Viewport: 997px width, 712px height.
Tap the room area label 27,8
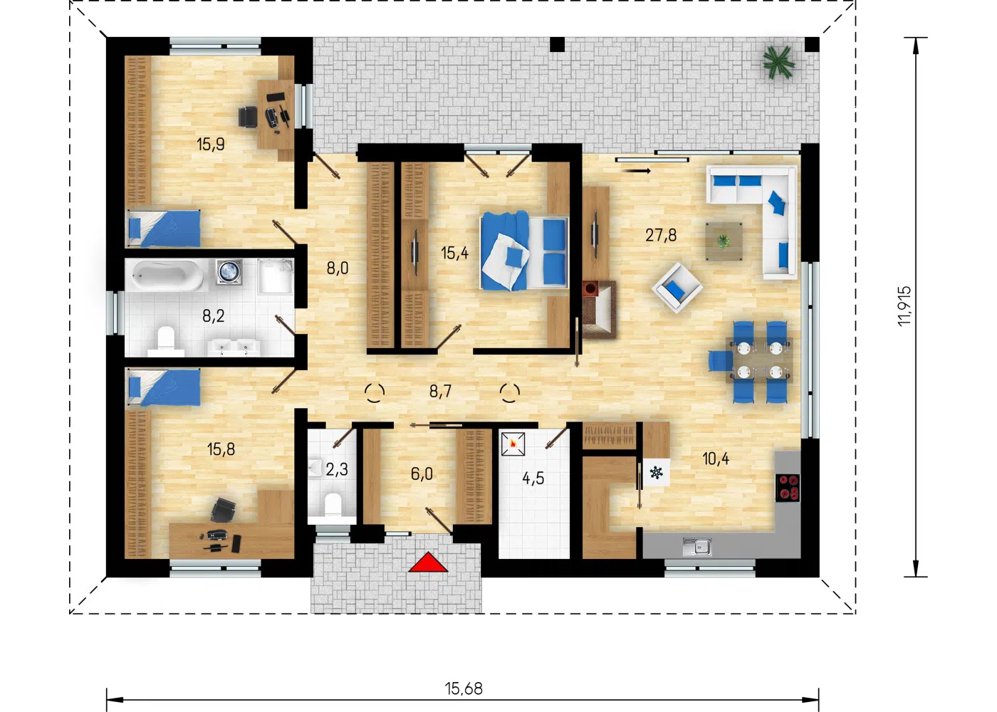tap(661, 235)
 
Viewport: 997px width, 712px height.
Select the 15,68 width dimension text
tap(464, 689)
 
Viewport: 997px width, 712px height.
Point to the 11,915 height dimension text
tap(904, 306)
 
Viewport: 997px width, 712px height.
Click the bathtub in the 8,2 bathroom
tap(167, 276)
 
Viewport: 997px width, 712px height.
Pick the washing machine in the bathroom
tap(229, 272)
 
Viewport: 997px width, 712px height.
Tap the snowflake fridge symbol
tap(656, 472)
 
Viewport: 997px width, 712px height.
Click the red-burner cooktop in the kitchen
tap(788, 487)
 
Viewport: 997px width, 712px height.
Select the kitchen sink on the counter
tap(696, 547)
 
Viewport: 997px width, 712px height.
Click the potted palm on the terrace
tap(778, 62)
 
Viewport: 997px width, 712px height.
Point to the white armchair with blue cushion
tap(677, 288)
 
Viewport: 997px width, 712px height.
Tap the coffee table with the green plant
tap(724, 241)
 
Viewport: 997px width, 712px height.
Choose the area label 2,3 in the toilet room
tap(336, 469)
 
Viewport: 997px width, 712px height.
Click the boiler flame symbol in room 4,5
tap(513, 444)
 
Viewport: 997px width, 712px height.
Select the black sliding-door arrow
tap(637, 171)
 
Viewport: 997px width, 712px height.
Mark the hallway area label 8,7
tap(440, 392)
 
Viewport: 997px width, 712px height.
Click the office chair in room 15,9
tap(248, 117)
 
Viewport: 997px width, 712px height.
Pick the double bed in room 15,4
tap(524, 251)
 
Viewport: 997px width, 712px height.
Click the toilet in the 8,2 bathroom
tap(166, 342)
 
